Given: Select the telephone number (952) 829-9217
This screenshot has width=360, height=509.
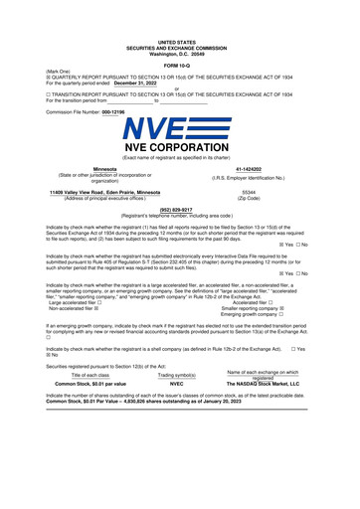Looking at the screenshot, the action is [x=179, y=210].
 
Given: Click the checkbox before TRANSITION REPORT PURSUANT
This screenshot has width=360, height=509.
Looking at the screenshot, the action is [x=49, y=93].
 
